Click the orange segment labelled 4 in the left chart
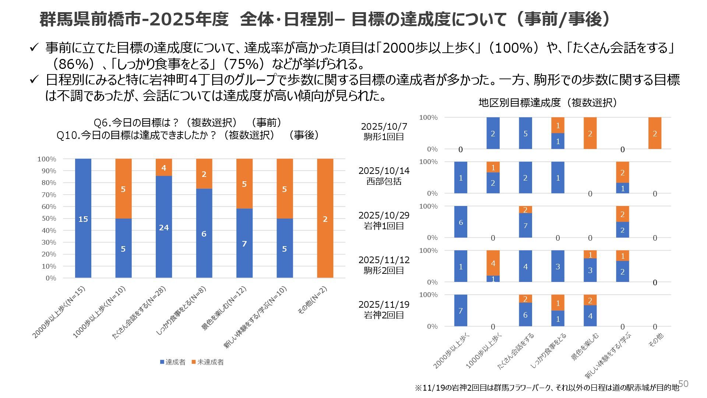[164, 167]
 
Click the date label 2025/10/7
[384, 126]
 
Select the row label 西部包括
[384, 181]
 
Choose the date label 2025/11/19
[384, 304]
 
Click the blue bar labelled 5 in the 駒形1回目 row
[525, 133]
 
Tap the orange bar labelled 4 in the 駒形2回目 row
[493, 263]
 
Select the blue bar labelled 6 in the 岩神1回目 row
[461, 222]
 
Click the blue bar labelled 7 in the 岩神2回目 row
[461, 310]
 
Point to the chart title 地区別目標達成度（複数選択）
[548, 103]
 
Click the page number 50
[683, 384]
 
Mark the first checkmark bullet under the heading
[34, 48]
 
